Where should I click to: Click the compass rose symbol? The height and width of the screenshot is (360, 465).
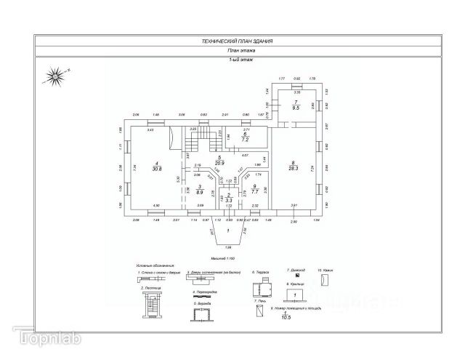[55, 73]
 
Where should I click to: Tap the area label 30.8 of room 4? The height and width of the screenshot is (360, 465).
[157, 168]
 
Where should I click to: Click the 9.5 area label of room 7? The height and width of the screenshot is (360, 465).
[296, 107]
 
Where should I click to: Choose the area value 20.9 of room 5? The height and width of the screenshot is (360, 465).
[219, 162]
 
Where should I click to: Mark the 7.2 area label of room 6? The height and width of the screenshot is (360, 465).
[246, 138]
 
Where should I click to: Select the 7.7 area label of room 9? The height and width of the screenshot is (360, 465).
[254, 191]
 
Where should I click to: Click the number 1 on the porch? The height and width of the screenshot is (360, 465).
[227, 231]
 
